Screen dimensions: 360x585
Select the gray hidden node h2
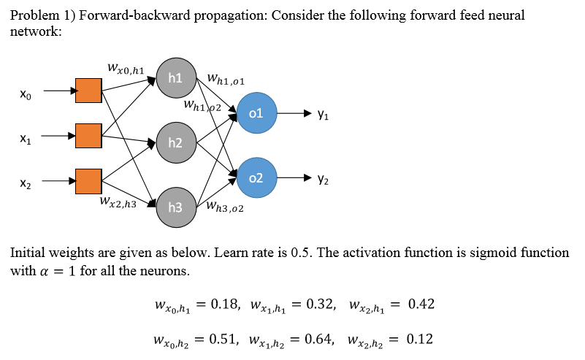pyautogui.click(x=175, y=142)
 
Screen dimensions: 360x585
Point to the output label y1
pyautogui.click(x=323, y=114)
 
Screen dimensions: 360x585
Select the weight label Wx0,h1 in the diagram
pyautogui.click(x=125, y=69)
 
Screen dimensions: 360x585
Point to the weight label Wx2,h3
pyautogui.click(x=118, y=202)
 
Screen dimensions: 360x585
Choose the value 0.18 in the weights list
pyautogui.click(x=225, y=304)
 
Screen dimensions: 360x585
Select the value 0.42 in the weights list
pyautogui.click(x=421, y=304)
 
